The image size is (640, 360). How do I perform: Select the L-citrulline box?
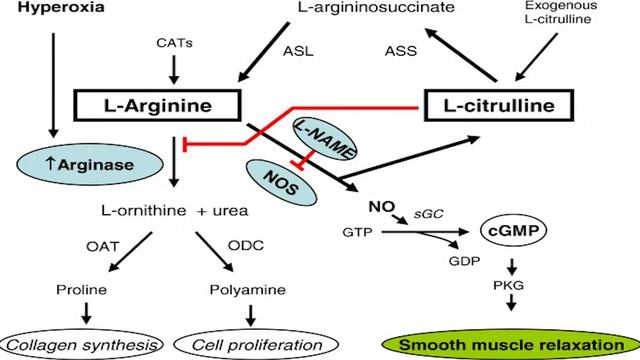coord(506,104)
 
